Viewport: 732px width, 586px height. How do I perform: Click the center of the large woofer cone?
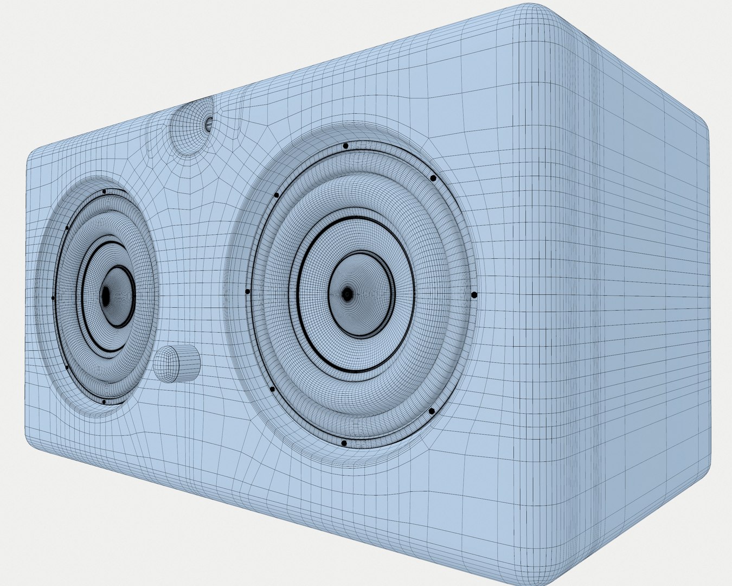pos(347,294)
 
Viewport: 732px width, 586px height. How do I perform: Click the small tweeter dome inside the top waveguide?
pos(208,124)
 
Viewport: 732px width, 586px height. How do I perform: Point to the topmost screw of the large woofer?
pos(345,146)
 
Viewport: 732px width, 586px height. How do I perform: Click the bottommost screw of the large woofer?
pos(344,443)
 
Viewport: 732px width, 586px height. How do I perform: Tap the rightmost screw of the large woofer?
pos(474,295)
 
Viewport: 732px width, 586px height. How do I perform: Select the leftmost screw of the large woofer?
pos(248,291)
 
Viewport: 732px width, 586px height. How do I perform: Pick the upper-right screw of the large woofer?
pos(433,178)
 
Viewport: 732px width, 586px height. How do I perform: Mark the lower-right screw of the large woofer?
pos(432,411)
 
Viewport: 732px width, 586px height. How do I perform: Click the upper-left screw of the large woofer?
pos(277,195)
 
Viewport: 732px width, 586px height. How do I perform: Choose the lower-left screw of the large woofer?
pos(272,388)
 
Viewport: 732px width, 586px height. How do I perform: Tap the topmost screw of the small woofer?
pos(104,192)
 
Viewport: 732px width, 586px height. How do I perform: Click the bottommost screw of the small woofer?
pos(103,402)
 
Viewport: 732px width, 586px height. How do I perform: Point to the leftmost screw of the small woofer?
pos(53,298)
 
